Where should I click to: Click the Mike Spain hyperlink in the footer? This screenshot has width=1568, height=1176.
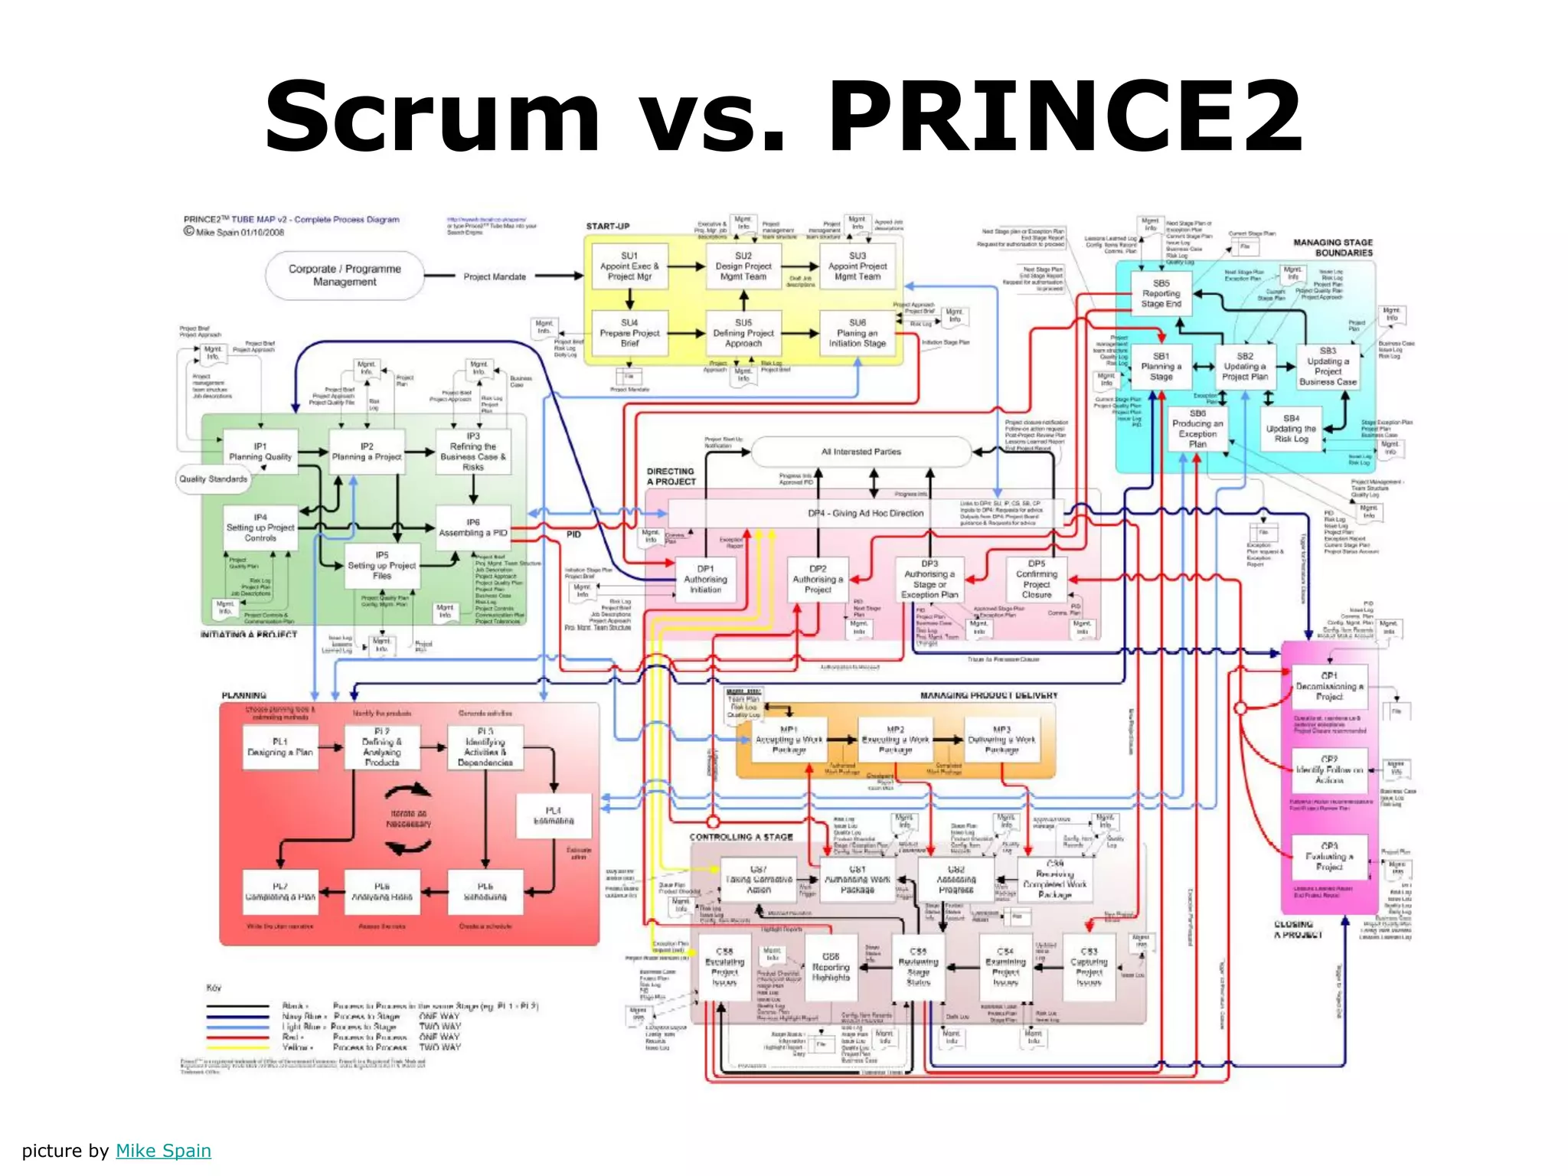point(163,1151)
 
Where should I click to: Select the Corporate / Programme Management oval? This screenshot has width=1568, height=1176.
point(345,276)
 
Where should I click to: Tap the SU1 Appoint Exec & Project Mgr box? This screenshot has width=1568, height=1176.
point(629,266)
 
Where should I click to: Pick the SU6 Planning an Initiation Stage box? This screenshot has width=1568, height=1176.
point(857,333)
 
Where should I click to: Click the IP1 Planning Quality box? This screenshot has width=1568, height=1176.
point(260,451)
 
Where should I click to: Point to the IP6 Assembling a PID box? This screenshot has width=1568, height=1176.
point(473,528)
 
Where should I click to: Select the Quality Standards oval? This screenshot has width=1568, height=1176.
point(214,479)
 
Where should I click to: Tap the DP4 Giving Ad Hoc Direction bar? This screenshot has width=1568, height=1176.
point(865,513)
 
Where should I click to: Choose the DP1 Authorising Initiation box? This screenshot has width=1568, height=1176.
point(705,580)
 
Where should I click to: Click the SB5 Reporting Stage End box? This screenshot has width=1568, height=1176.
point(1161,293)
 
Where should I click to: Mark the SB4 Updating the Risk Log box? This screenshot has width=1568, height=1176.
point(1291,429)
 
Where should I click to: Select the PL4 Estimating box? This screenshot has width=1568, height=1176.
point(554,815)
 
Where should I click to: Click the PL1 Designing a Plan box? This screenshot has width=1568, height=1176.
point(280,747)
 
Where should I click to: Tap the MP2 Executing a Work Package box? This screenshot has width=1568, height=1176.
point(895,740)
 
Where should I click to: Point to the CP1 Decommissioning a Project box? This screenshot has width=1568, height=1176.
point(1329,686)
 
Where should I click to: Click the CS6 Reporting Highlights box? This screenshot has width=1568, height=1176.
point(831,968)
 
